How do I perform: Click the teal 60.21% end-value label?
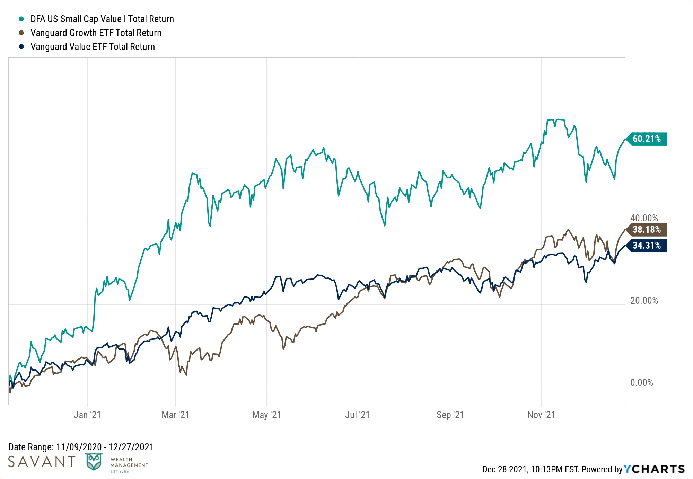[647, 139]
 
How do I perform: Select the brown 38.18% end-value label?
[647, 230]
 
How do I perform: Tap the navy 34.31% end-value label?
[647, 246]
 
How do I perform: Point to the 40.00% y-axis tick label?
[644, 218]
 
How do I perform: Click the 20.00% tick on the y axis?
[644, 300]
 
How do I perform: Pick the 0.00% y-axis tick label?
[641, 382]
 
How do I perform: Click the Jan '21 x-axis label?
[87, 415]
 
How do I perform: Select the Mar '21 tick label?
[175, 415]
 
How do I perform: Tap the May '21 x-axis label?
[266, 415]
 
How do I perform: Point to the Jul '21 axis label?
[357, 415]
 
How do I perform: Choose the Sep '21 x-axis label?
[450, 415]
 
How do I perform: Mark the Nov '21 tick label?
[541, 415]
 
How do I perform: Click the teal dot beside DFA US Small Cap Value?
[21, 19]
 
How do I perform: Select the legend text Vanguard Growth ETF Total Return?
[96, 33]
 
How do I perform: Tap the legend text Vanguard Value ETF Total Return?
[93, 46]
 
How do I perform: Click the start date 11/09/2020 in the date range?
[79, 447]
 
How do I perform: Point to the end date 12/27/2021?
[131, 447]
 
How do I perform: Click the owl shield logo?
[94, 462]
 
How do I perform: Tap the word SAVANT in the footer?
[42, 462]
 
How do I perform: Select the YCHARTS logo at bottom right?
[654, 469]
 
